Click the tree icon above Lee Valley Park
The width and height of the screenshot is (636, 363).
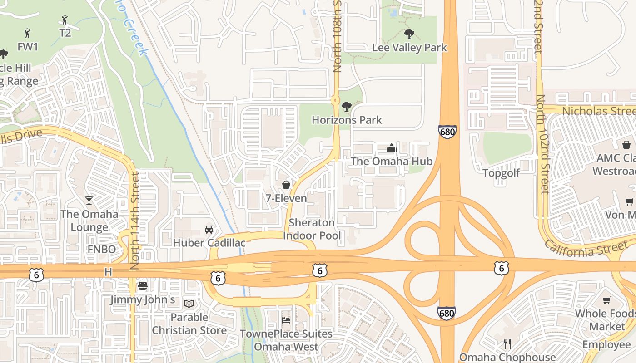pyautogui.click(x=409, y=34)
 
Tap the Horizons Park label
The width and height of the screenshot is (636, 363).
pyautogui.click(x=347, y=120)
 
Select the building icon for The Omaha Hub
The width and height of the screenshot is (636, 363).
pyautogui.click(x=391, y=148)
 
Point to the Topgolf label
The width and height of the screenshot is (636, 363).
pyautogui.click(x=501, y=173)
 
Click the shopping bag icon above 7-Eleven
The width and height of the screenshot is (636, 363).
pyautogui.click(x=286, y=185)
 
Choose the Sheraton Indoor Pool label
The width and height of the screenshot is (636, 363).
pyautogui.click(x=312, y=229)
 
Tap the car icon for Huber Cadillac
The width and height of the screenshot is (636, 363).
pyautogui.click(x=209, y=229)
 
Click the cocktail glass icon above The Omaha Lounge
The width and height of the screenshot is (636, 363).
pyautogui.click(x=89, y=200)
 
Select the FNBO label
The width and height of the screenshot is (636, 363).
pyautogui.click(x=102, y=249)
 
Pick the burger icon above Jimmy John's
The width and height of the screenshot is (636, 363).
pyautogui.click(x=143, y=286)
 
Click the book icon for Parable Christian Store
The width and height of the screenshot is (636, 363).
pyautogui.click(x=189, y=304)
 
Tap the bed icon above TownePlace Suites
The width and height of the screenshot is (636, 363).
pyautogui.click(x=286, y=320)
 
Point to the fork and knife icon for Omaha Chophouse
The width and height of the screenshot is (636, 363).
pyautogui.click(x=507, y=344)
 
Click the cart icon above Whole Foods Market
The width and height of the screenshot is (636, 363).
pyautogui.click(x=606, y=300)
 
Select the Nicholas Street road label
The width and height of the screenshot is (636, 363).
pyautogui.click(x=598, y=111)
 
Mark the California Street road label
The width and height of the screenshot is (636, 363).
pyautogui.click(x=586, y=249)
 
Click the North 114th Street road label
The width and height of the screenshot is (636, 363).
pyautogui.click(x=135, y=221)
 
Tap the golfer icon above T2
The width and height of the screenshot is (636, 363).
pyautogui.click(x=65, y=20)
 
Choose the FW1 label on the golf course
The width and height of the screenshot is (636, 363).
pyautogui.click(x=28, y=47)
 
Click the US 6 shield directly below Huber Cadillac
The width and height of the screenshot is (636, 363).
pyautogui.click(x=218, y=278)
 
